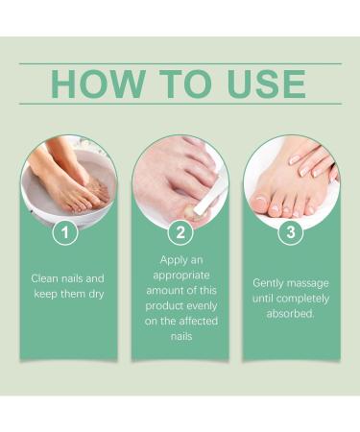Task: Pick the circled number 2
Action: point(180,233)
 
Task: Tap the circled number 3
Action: point(290,233)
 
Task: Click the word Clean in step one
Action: point(44,279)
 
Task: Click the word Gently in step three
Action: point(270,283)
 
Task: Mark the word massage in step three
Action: point(311,283)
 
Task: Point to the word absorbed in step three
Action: point(290,313)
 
